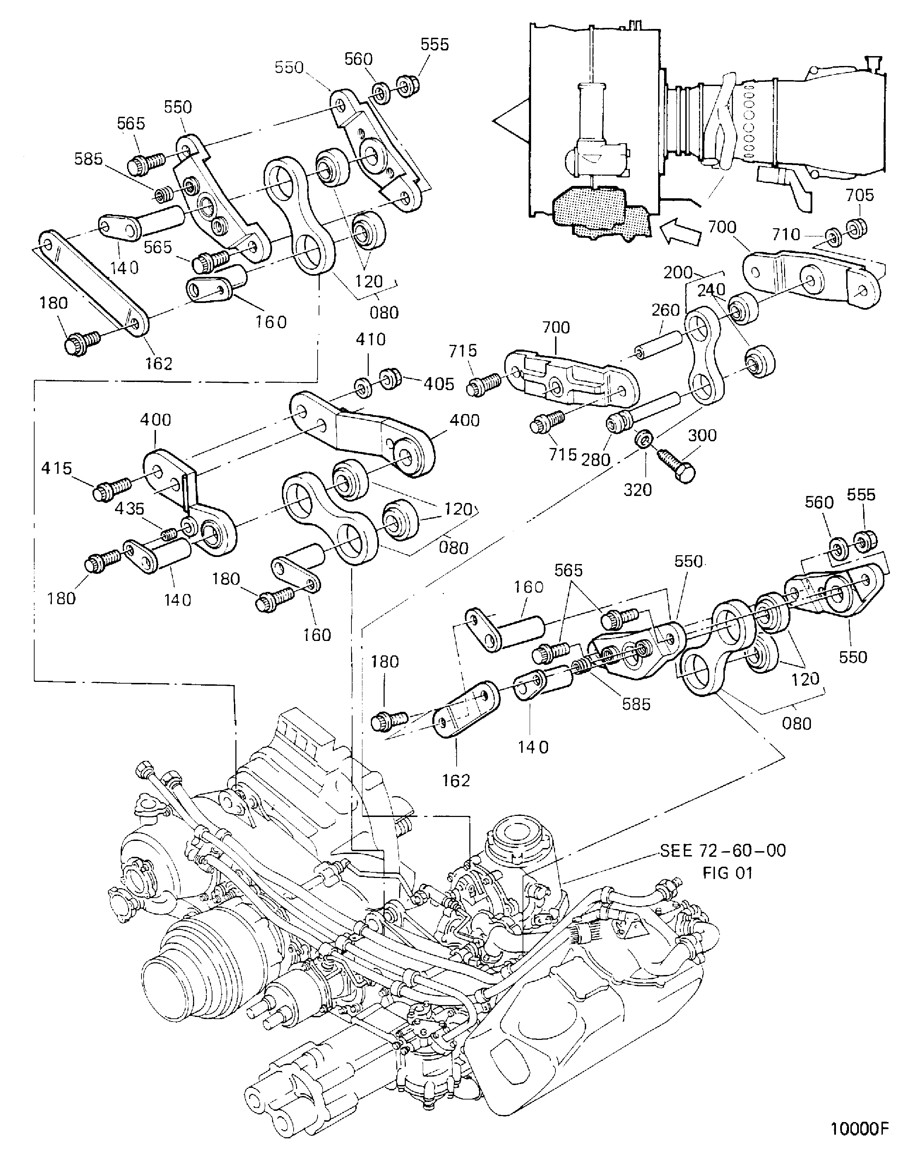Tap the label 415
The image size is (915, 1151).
[56, 468]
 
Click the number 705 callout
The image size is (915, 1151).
[860, 195]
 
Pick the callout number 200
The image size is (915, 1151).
[678, 272]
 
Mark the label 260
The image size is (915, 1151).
[666, 310]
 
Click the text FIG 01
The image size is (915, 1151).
[727, 873]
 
